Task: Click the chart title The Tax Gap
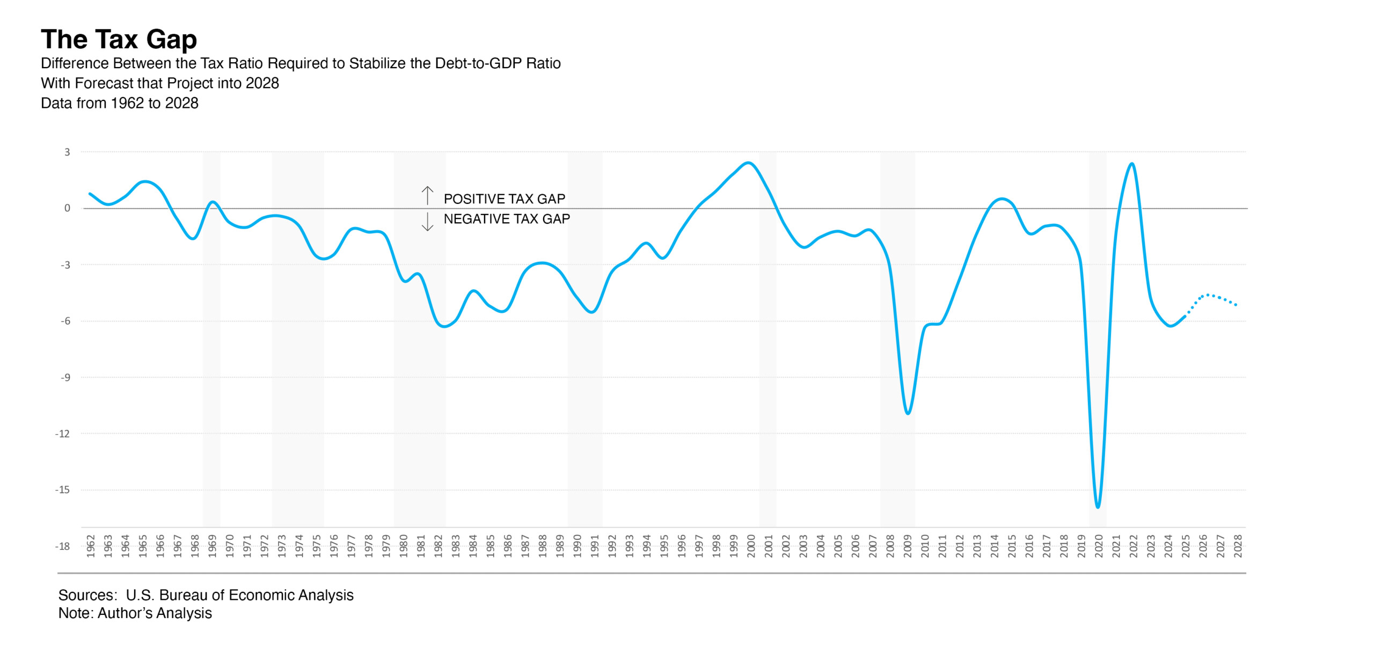click(119, 40)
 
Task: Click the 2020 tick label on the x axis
click(1099, 546)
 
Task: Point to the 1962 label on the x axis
click(91, 546)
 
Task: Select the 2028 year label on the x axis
click(1238, 546)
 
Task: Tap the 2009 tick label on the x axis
click(908, 546)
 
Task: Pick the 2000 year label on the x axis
click(751, 546)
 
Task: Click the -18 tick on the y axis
click(63, 546)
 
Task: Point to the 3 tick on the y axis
click(67, 152)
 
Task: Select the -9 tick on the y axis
click(65, 377)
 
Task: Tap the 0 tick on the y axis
click(67, 208)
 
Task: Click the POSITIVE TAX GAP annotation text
click(504, 199)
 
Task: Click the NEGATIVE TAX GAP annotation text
click(507, 219)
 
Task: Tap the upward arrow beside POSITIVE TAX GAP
click(427, 195)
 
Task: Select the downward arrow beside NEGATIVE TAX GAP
click(427, 222)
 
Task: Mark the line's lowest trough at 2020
click(1098, 506)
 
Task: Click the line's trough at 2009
click(908, 413)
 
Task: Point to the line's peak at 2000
click(749, 163)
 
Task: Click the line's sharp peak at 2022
click(1132, 164)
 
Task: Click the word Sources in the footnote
click(86, 595)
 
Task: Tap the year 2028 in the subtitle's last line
click(184, 103)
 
